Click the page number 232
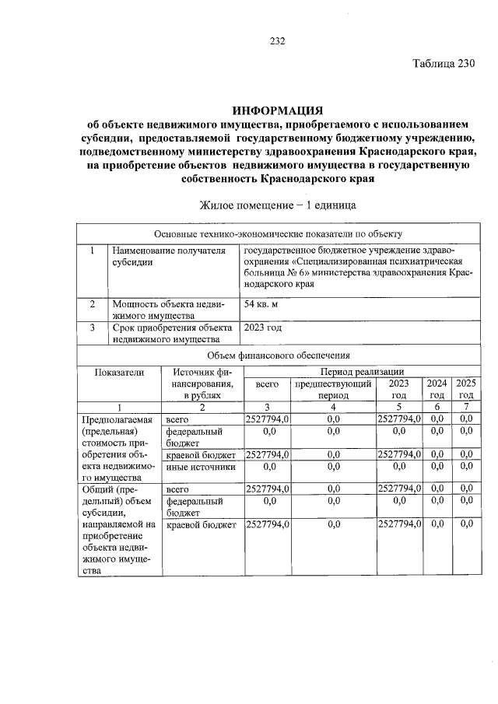[278, 42]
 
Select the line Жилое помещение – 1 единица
[278, 206]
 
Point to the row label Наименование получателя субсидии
[168, 256]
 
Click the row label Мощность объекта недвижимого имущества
[168, 309]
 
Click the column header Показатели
[119, 372]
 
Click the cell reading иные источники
[200, 467]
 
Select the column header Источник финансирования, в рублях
[201, 384]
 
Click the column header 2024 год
[437, 389]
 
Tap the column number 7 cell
[466, 407]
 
